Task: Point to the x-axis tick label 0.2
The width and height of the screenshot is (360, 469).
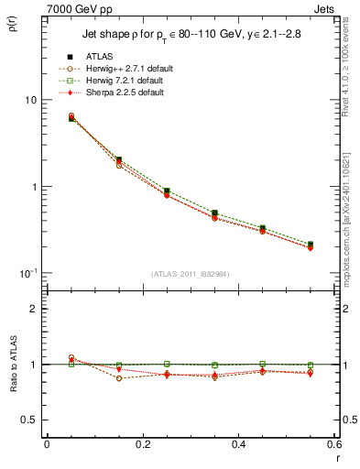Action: (x=142, y=445)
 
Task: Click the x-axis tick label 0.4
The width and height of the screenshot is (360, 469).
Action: (x=238, y=445)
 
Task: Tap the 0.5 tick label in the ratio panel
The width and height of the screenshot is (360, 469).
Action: (x=28, y=420)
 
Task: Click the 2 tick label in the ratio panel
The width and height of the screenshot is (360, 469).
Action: (x=33, y=309)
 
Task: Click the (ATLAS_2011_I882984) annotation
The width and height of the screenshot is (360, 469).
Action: (x=191, y=274)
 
